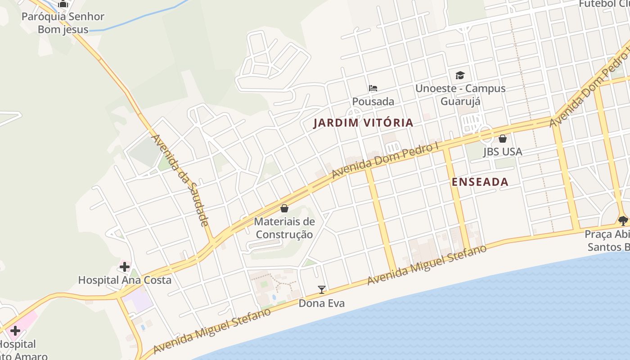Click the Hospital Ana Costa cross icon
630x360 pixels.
coord(125,267)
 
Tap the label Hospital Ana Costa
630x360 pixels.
coord(125,280)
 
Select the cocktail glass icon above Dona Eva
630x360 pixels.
coord(322,290)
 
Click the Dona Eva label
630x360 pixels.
coord(322,303)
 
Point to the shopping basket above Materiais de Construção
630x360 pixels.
coord(284,208)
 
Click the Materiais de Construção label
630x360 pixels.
coord(284,228)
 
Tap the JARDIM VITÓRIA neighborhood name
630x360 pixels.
coord(363,122)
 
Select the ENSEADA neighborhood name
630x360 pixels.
coord(480,182)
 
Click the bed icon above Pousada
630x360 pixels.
coord(373,88)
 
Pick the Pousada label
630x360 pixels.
coord(373,101)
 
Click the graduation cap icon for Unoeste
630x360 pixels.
coord(460,75)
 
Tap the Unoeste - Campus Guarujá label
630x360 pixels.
coord(460,94)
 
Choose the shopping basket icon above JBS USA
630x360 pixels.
coord(503,139)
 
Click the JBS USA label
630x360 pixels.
coord(503,152)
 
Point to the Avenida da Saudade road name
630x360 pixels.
coord(180,180)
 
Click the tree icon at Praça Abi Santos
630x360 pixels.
coord(623,220)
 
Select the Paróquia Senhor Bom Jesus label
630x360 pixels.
coord(63,23)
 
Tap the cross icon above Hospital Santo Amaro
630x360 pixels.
coord(15,331)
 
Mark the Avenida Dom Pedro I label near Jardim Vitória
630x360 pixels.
coord(385,160)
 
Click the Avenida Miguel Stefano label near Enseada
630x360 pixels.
coord(427,265)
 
